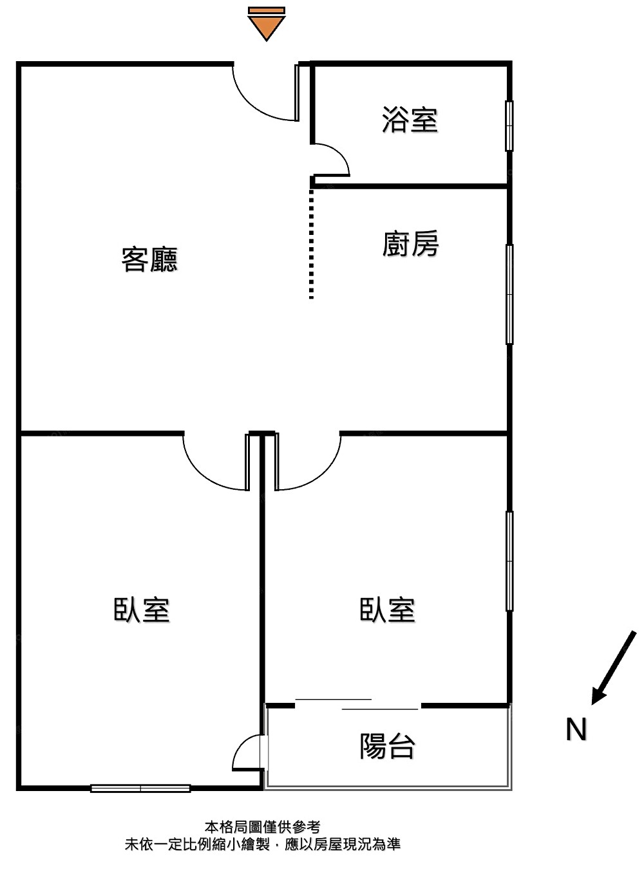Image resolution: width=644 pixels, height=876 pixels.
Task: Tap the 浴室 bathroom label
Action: pos(410,120)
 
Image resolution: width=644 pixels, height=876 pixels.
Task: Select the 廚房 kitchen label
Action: pos(410,245)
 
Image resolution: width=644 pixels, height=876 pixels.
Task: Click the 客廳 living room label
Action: pos(149,259)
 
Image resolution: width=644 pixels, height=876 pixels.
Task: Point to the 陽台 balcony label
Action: pos(386,747)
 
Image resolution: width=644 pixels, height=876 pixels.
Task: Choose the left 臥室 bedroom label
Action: pos(142,610)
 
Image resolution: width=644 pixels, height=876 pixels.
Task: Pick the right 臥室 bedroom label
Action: pos(387,610)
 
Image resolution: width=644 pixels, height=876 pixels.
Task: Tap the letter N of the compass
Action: pos(576,730)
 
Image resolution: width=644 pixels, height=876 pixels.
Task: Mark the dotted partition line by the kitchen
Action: pos(312,245)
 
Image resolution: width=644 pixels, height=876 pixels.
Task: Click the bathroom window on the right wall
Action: pos(509,126)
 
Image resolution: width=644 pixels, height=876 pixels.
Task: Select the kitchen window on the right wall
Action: pos(509,294)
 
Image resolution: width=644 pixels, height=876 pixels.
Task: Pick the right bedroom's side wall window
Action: pos(509,561)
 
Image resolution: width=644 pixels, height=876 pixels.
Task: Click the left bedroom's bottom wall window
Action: pos(140,788)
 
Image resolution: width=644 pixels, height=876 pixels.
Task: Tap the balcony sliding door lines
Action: pos(357,704)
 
